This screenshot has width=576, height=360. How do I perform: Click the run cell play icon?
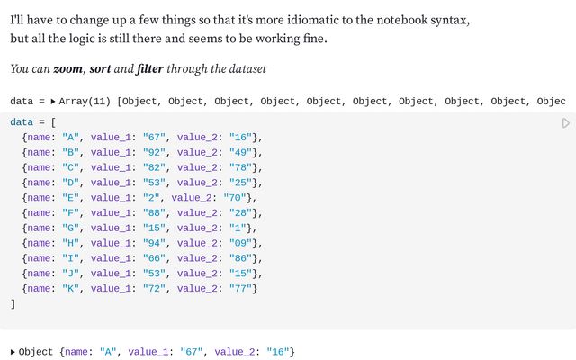click(x=566, y=123)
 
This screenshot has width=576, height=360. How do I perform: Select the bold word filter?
click(x=151, y=68)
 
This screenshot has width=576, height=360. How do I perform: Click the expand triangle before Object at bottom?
click(x=13, y=352)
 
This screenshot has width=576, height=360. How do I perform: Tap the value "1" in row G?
click(x=239, y=228)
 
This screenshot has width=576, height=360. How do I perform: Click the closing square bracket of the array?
click(x=13, y=303)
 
